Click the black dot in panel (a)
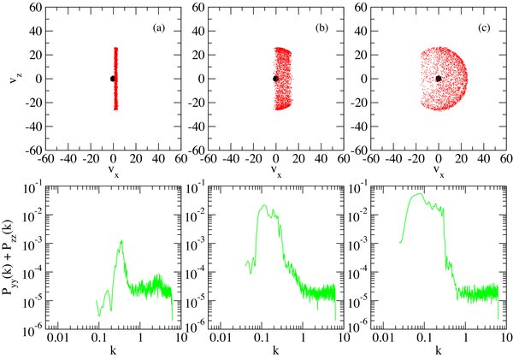[x=113, y=79]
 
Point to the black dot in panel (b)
[x=275, y=79]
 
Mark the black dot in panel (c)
[x=438, y=79]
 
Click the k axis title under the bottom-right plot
[x=438, y=351]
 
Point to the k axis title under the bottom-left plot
[x=113, y=351]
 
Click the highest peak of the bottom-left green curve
[x=122, y=240]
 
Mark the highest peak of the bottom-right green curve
[x=419, y=193]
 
